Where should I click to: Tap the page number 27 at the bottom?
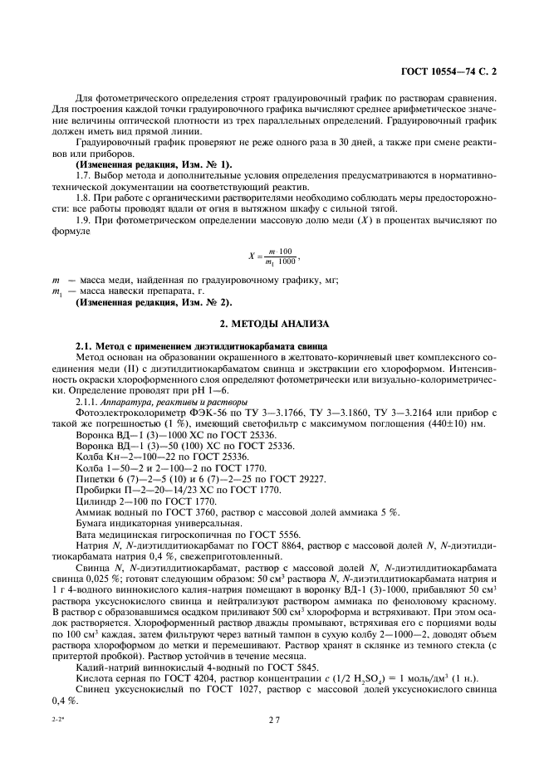pyautogui.click(x=275, y=721)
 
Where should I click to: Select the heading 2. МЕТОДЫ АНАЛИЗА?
pyautogui.click(x=275, y=322)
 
